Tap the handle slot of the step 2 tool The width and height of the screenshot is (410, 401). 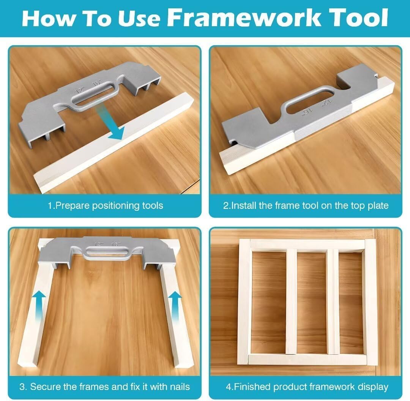304,101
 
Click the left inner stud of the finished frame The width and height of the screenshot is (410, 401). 291,302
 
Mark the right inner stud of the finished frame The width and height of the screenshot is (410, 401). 333,302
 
